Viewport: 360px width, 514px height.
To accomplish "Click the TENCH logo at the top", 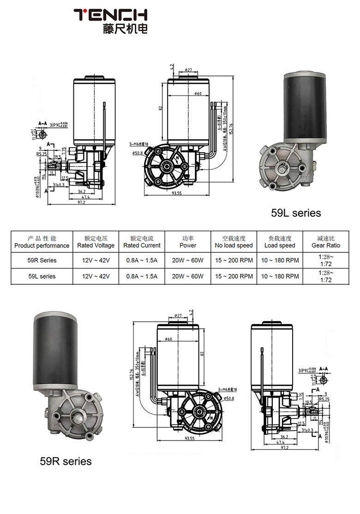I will tap(111, 15).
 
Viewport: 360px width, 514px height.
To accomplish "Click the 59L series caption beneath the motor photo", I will tap(296, 213).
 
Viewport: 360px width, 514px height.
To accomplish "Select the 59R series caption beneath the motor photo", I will tap(66, 461).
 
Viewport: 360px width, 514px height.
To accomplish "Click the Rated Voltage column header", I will tap(96, 242).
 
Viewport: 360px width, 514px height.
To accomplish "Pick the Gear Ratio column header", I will tap(325, 242).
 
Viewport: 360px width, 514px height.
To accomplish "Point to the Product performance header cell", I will tap(42, 242).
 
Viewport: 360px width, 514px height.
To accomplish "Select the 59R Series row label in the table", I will tap(42, 260).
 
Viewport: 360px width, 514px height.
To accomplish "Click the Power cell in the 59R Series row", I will tap(187, 260).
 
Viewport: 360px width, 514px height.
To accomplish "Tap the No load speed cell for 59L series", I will tap(234, 276).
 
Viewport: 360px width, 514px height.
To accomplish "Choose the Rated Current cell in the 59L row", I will tap(142, 276).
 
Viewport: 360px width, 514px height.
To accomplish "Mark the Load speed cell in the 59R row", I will tap(280, 260).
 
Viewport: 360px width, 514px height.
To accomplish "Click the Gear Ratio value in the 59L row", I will tap(325, 276).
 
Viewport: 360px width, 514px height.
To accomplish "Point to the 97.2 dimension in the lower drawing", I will tap(282, 447).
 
